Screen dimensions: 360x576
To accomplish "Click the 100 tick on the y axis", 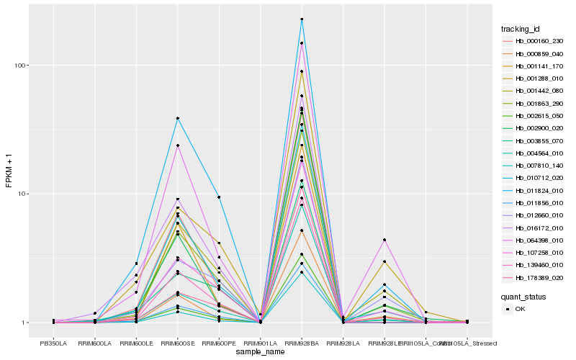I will click(x=22, y=66).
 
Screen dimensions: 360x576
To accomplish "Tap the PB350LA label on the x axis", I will click(x=53, y=344).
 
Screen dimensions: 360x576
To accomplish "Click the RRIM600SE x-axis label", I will click(x=177, y=344).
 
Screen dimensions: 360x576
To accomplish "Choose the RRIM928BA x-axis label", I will click(x=302, y=344).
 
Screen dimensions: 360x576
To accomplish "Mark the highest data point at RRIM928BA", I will click(x=302, y=19).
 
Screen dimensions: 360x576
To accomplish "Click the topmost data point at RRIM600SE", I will click(x=177, y=118).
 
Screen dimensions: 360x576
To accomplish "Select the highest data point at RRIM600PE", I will click(x=219, y=197).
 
